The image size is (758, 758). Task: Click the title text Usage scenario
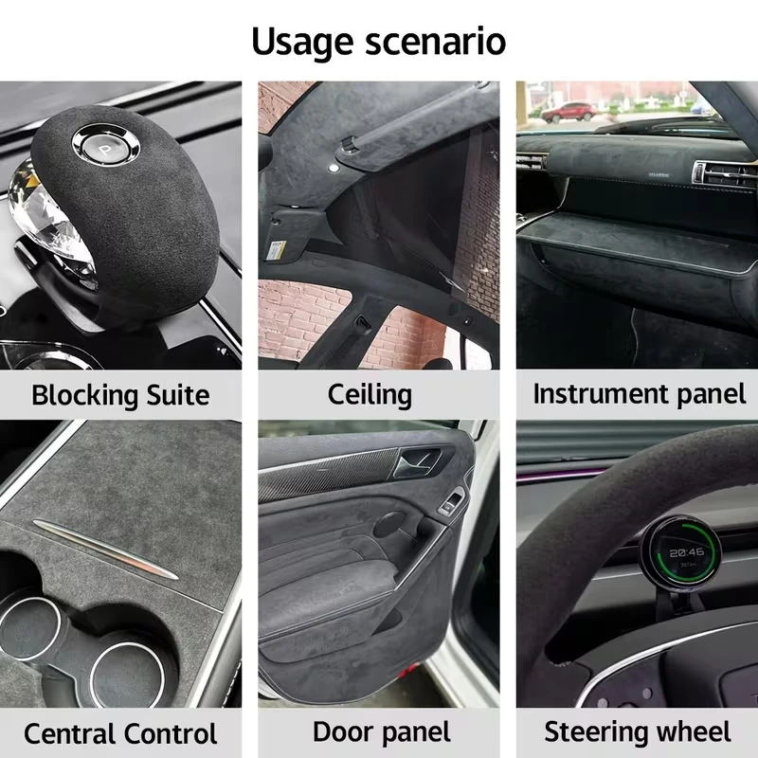[x=379, y=42]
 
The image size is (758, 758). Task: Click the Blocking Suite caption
[x=120, y=394]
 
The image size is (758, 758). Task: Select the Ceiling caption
[x=370, y=394]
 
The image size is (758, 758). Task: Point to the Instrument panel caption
[x=639, y=394]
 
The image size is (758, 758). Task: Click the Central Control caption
[x=120, y=733]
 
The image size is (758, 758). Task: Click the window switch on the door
[x=453, y=503]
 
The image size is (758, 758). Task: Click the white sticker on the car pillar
[x=278, y=249]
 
